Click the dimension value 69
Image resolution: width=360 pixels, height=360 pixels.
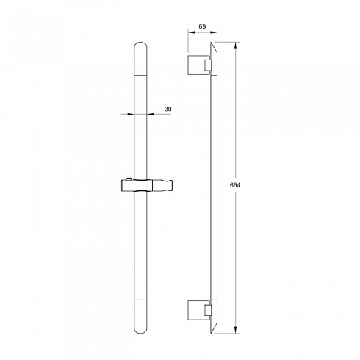click(202, 26)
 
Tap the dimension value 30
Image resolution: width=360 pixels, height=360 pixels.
click(168, 109)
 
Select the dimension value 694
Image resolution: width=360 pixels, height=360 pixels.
click(235, 185)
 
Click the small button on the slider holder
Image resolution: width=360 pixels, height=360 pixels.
click(129, 179)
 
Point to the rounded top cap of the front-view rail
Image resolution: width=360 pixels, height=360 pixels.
click(140, 58)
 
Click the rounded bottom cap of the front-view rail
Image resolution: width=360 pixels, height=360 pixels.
click(140, 317)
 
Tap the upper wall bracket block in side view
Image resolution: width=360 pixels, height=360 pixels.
click(196, 65)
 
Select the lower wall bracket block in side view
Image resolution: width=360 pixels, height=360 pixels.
click(196, 310)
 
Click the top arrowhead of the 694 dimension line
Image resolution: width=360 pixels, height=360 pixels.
click(236, 46)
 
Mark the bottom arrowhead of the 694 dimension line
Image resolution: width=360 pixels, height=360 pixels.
click(236, 330)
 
